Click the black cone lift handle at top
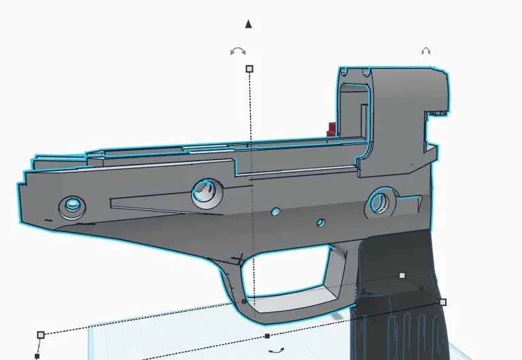(249, 24)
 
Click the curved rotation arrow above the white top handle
(238, 52)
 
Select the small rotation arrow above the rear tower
(426, 51)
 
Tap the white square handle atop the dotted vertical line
(249, 69)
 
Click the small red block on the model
(331, 128)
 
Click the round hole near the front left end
(71, 204)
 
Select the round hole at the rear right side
(379, 201)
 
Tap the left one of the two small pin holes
(275, 212)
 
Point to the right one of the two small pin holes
(320, 221)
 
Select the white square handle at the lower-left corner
(41, 334)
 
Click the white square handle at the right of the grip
(443, 302)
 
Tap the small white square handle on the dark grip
(402, 275)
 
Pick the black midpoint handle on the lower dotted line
(267, 336)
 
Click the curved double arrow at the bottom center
(276, 350)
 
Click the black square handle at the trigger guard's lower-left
(245, 300)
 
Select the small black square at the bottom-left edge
(37, 356)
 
